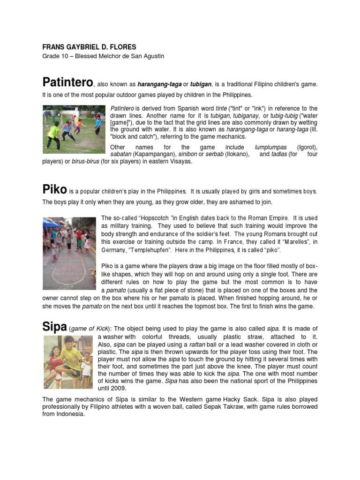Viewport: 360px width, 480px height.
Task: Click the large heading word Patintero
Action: coord(67,82)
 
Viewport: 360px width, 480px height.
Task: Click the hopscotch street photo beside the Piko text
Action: coord(69,247)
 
